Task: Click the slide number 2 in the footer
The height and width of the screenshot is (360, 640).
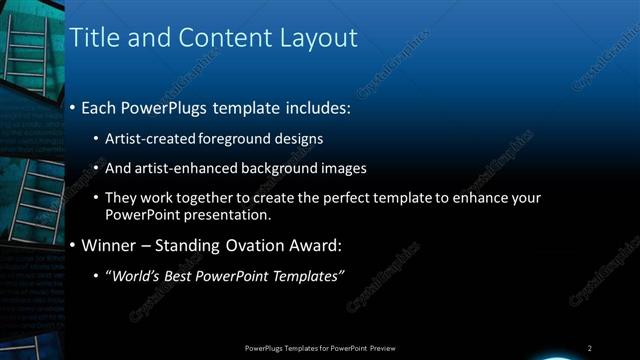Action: pyautogui.click(x=590, y=347)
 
